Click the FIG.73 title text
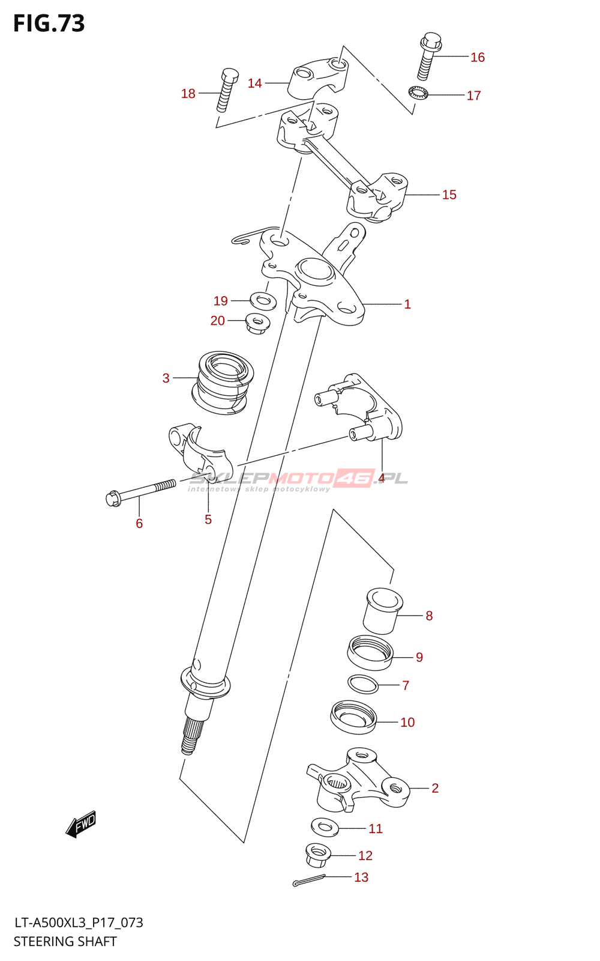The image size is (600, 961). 49,23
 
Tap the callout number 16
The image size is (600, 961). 478,57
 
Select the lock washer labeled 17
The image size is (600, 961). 418,93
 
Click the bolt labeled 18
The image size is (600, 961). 227,90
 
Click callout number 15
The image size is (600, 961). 449,195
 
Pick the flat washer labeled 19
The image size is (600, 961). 263,300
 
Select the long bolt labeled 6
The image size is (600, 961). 141,492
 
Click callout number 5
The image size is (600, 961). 208,520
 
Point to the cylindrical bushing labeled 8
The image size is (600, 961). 383,611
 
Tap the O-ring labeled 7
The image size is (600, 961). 363,684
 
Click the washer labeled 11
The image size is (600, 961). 325,827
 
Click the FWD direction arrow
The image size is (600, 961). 81,825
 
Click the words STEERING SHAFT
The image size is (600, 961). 65,941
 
